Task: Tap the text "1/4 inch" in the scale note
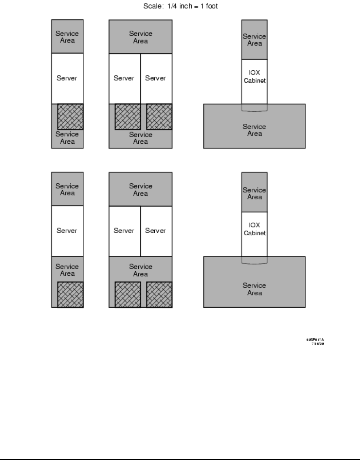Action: [179, 6]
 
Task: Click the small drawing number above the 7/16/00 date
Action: [315, 340]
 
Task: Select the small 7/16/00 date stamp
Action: [317, 344]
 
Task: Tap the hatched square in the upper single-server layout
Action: [70, 117]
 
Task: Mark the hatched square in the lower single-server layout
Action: [70, 294]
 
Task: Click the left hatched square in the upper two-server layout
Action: [128, 117]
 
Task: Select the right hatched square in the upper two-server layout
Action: [159, 117]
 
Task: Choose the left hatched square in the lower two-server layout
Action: [128, 294]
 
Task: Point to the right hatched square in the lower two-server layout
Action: [159, 294]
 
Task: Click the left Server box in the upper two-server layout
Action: [124, 78]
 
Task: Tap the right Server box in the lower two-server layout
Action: [156, 231]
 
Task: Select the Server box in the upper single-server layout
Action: [67, 78]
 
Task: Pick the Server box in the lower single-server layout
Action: [67, 231]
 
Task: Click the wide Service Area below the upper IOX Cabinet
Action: [254, 130]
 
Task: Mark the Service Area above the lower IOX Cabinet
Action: [254, 193]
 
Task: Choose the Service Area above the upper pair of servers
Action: [140, 37]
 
